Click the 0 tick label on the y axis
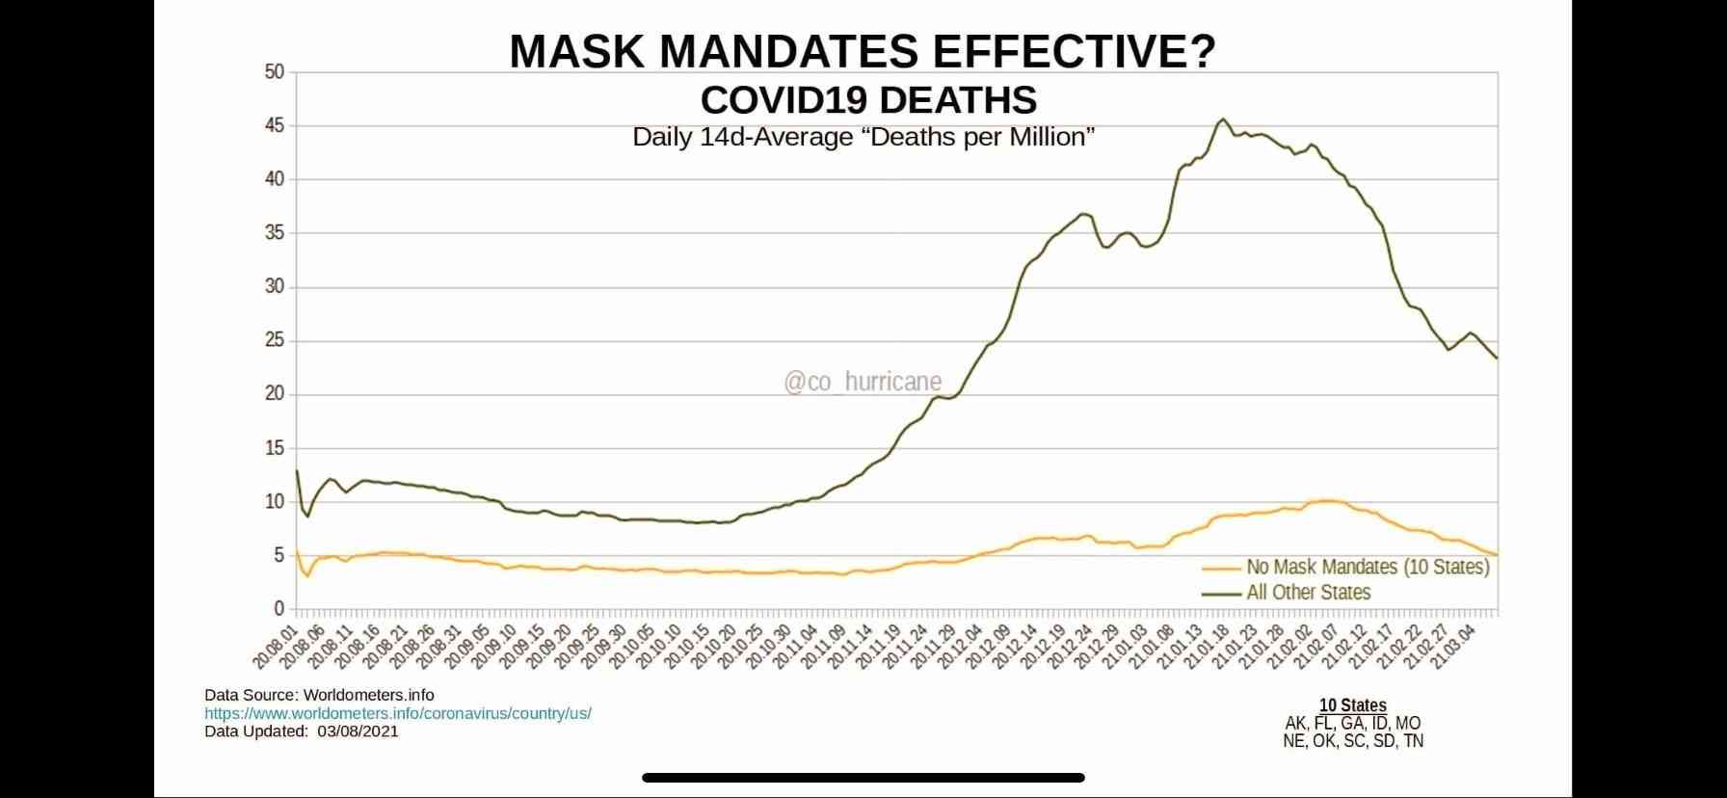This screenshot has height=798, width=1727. (279, 608)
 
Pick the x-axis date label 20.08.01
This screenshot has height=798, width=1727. (276, 646)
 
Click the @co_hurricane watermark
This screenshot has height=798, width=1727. (863, 382)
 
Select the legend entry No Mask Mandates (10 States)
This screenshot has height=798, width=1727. (1368, 567)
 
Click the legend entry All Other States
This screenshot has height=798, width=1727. (1308, 592)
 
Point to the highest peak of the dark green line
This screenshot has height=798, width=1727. (1223, 120)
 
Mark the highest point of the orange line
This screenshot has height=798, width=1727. (1329, 500)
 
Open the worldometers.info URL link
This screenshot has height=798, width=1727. (398, 713)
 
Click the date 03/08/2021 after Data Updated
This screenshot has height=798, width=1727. (357, 731)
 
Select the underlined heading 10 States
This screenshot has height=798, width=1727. (1352, 705)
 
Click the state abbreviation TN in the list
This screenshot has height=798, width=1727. (1413, 741)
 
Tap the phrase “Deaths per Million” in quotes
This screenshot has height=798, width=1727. (982, 137)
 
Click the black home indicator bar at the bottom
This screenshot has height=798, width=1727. (863, 777)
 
